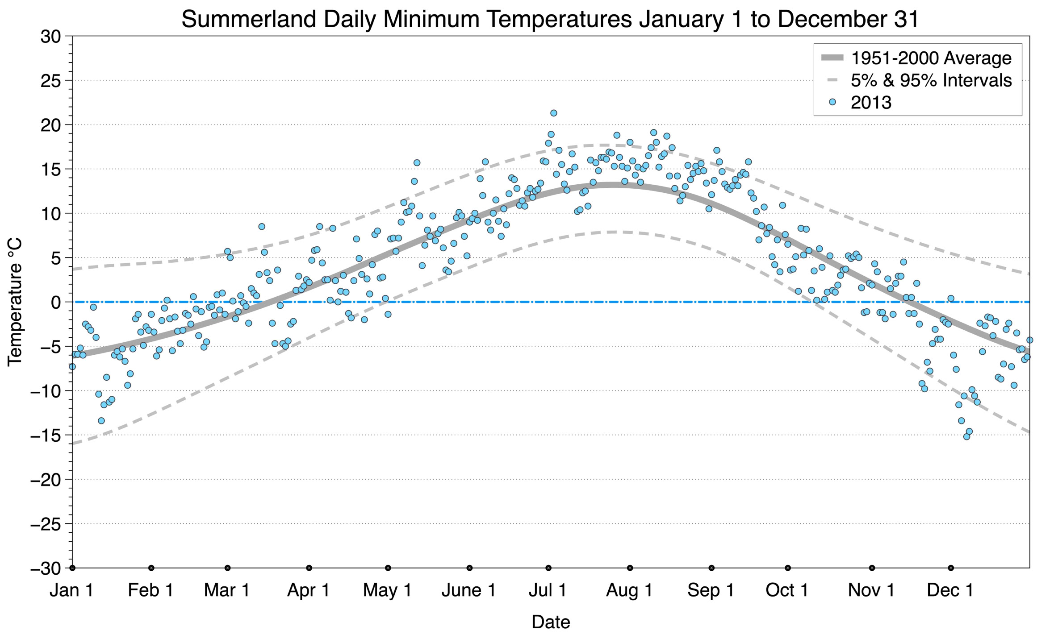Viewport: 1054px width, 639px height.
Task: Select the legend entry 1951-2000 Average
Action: [931, 58]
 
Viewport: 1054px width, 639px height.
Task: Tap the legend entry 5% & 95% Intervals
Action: [931, 80]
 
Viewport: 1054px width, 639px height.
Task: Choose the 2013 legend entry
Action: [871, 103]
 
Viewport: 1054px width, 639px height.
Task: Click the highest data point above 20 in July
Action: [554, 113]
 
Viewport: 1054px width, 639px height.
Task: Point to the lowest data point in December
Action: [966, 437]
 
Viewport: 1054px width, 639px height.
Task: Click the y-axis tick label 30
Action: [50, 37]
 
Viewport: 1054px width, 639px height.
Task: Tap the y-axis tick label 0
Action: [56, 303]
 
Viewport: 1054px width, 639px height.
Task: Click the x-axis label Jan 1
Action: [72, 590]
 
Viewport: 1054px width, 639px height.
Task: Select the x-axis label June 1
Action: [469, 590]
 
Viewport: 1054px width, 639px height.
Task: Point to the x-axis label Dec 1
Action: [950, 590]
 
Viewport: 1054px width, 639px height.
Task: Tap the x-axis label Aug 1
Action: [629, 590]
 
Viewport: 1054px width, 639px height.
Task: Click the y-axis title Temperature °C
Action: [15, 302]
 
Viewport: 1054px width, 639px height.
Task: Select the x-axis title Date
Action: [551, 622]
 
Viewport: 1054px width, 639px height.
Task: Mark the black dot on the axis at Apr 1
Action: [309, 568]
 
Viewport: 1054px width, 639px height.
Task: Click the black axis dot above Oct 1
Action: [788, 568]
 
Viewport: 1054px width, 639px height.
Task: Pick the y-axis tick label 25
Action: [50, 81]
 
